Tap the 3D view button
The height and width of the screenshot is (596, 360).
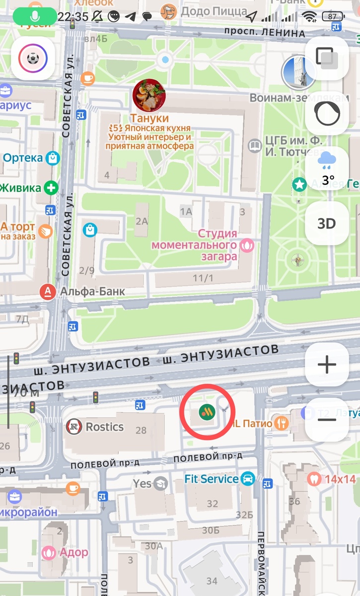pos(327,223)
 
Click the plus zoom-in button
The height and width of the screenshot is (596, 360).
pos(327,365)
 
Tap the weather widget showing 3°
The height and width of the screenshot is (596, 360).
pos(327,168)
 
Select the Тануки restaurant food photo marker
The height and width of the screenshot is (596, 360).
pos(149,95)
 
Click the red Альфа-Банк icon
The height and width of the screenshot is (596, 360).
pos(47,292)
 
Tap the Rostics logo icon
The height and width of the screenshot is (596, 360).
pos(74,427)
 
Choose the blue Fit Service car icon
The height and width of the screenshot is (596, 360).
pos(247,479)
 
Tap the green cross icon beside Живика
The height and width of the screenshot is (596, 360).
pos(50,188)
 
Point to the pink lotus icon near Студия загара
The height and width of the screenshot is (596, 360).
pos(247,244)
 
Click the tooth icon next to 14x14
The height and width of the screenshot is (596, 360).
pos(313,479)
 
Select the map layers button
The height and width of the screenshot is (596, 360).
pos(327,58)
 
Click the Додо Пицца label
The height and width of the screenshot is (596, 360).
pos(207,11)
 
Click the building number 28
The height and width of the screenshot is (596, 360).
pos(142,431)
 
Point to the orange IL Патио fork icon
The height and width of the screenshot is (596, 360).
pos(283,423)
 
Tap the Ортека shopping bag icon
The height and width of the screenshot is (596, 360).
pos(52,158)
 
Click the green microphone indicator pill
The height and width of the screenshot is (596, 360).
pos(35,16)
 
